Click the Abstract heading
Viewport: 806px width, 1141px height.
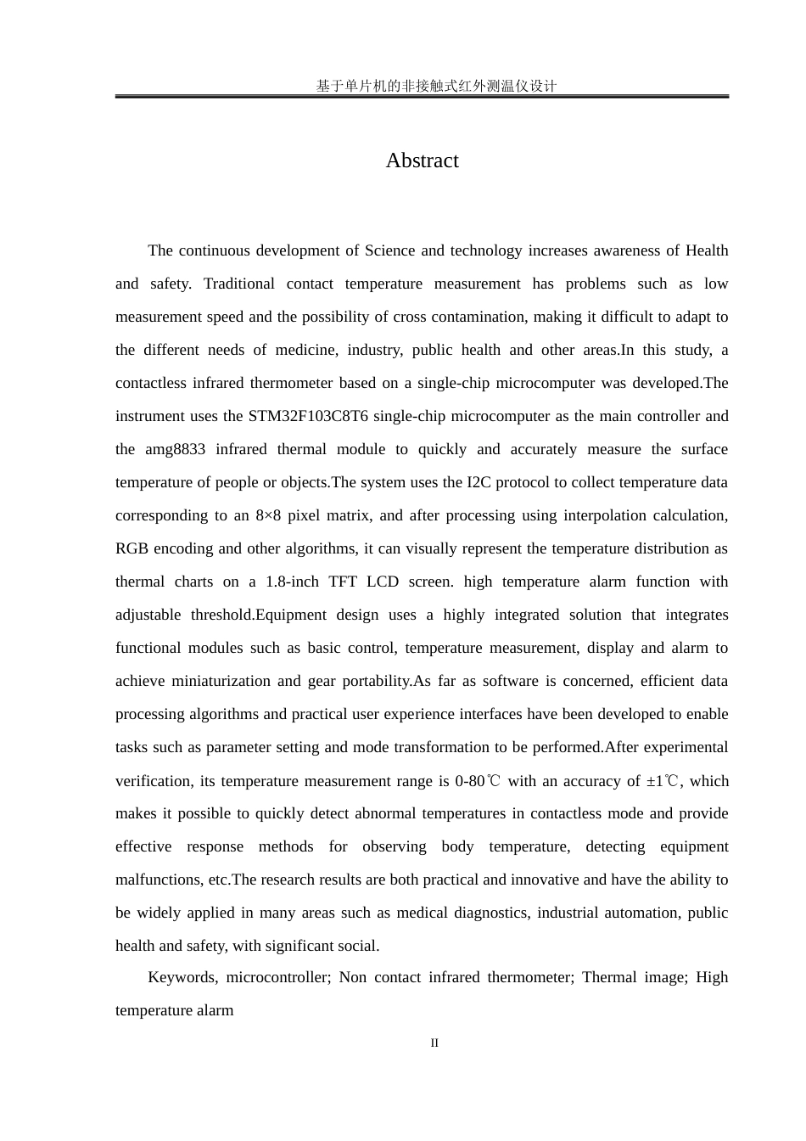pos(422,160)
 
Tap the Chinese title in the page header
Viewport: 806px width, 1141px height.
pos(436,85)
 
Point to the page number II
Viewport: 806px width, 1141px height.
pos(434,1043)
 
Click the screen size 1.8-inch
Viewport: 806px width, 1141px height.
pos(292,582)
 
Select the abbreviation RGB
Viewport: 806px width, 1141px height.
pos(132,548)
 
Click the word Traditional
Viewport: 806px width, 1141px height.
pos(239,284)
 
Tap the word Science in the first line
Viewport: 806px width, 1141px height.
pos(389,250)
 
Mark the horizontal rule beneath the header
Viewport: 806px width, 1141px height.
pos(422,97)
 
